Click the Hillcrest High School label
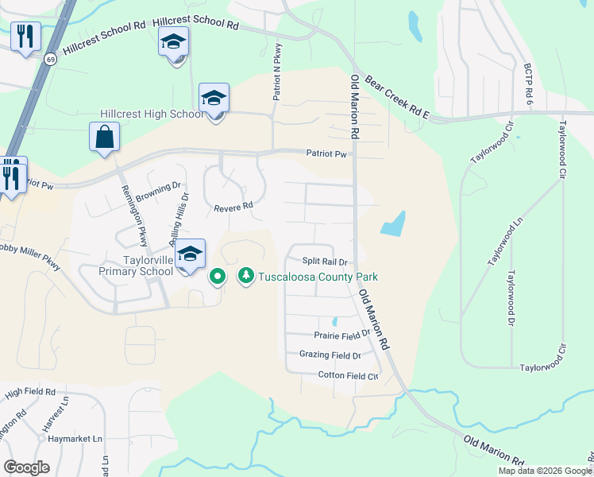pos(151,114)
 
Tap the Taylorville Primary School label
pos(136,266)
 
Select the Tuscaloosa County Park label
pos(316,277)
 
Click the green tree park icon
pos(246,276)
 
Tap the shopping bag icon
pos(105,137)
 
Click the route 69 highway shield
pos(51,60)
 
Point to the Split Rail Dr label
pos(326,262)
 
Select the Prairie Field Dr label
pos(342,335)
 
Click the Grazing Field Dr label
pos(330,355)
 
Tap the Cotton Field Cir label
pos(347,375)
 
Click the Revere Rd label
pos(233,207)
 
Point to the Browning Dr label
pos(152,192)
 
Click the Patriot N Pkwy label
pos(277,72)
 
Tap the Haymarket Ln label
pos(75,439)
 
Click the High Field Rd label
pos(29,393)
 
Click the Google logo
pos(27,467)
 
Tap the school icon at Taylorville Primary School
pos(190,254)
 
